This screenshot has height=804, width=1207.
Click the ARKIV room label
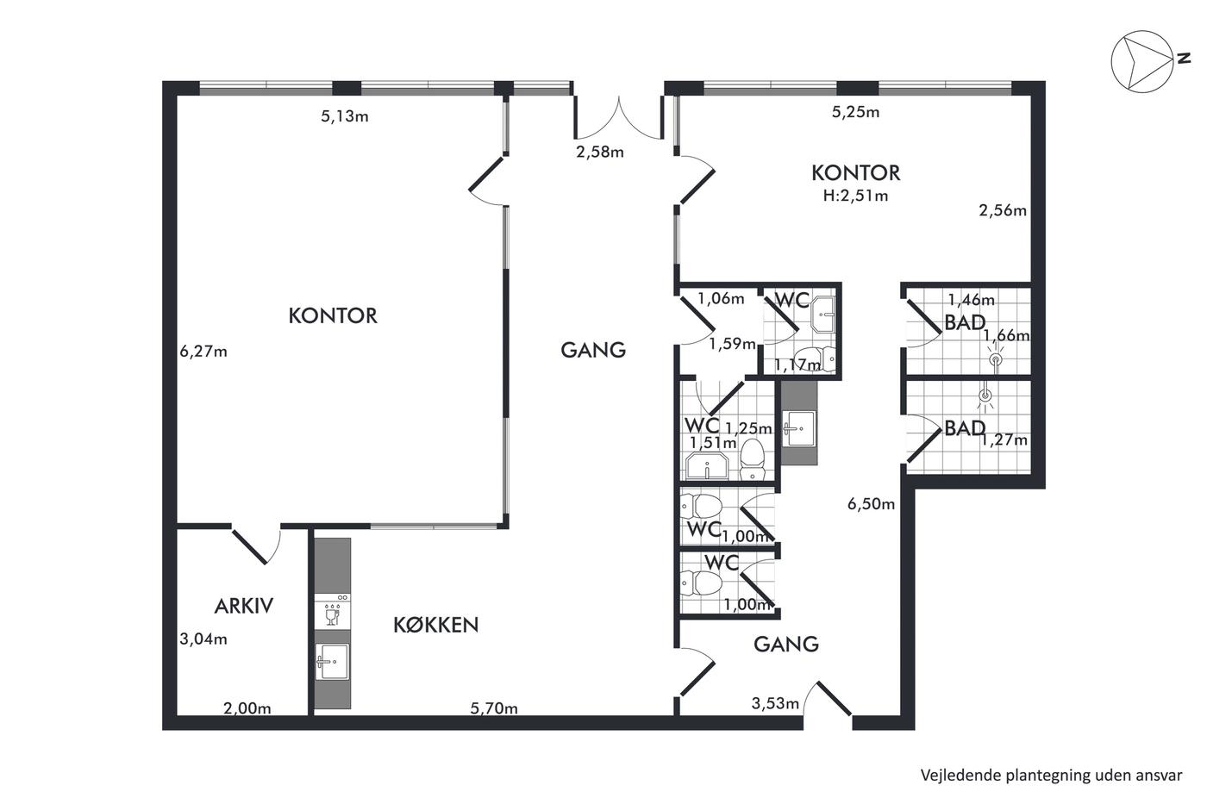(x=243, y=607)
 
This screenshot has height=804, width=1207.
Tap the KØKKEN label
(x=436, y=625)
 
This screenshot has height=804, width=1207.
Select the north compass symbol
(x=1141, y=61)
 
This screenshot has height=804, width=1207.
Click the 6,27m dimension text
(x=203, y=352)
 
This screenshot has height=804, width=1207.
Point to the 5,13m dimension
(x=345, y=116)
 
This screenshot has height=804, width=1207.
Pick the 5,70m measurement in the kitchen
(x=493, y=708)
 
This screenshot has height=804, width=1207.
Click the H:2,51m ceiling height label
(x=855, y=196)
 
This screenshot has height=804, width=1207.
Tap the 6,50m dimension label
(x=871, y=504)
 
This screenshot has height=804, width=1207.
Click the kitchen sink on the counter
(x=333, y=662)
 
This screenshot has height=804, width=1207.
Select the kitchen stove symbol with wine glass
(x=333, y=611)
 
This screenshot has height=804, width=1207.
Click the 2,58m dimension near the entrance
(x=600, y=153)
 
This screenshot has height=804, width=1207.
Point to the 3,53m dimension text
(x=775, y=703)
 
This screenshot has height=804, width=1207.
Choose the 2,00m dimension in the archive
(x=247, y=708)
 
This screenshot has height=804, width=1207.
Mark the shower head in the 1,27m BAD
(x=985, y=396)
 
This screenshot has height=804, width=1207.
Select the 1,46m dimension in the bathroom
(x=971, y=299)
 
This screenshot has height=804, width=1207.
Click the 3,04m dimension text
(x=203, y=639)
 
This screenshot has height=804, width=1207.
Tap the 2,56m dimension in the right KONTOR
(x=1002, y=210)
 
